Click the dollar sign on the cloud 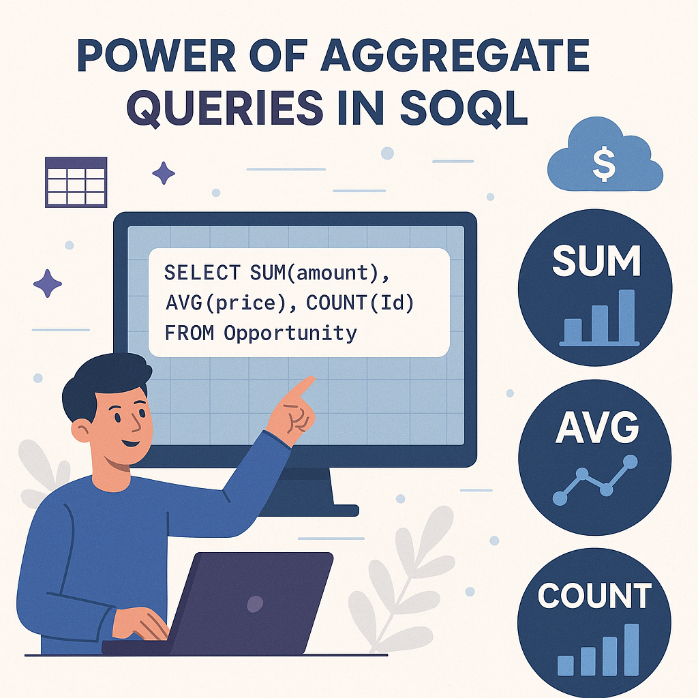click(604, 165)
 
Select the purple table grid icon click(75, 182)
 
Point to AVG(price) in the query click(224, 303)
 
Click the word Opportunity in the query click(290, 333)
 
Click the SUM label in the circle click(596, 262)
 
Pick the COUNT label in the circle click(594, 595)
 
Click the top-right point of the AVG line click(631, 461)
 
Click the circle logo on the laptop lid click(255, 603)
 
